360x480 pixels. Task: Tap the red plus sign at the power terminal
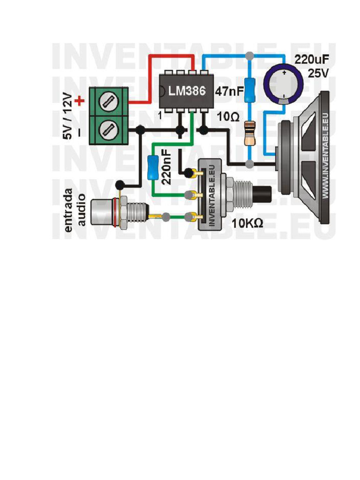pos(80,100)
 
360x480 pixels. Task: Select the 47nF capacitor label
pos(229,90)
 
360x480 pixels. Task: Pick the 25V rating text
pos(319,74)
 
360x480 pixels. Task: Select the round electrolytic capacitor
pos(284,83)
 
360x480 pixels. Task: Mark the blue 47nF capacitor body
pos(250,89)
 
